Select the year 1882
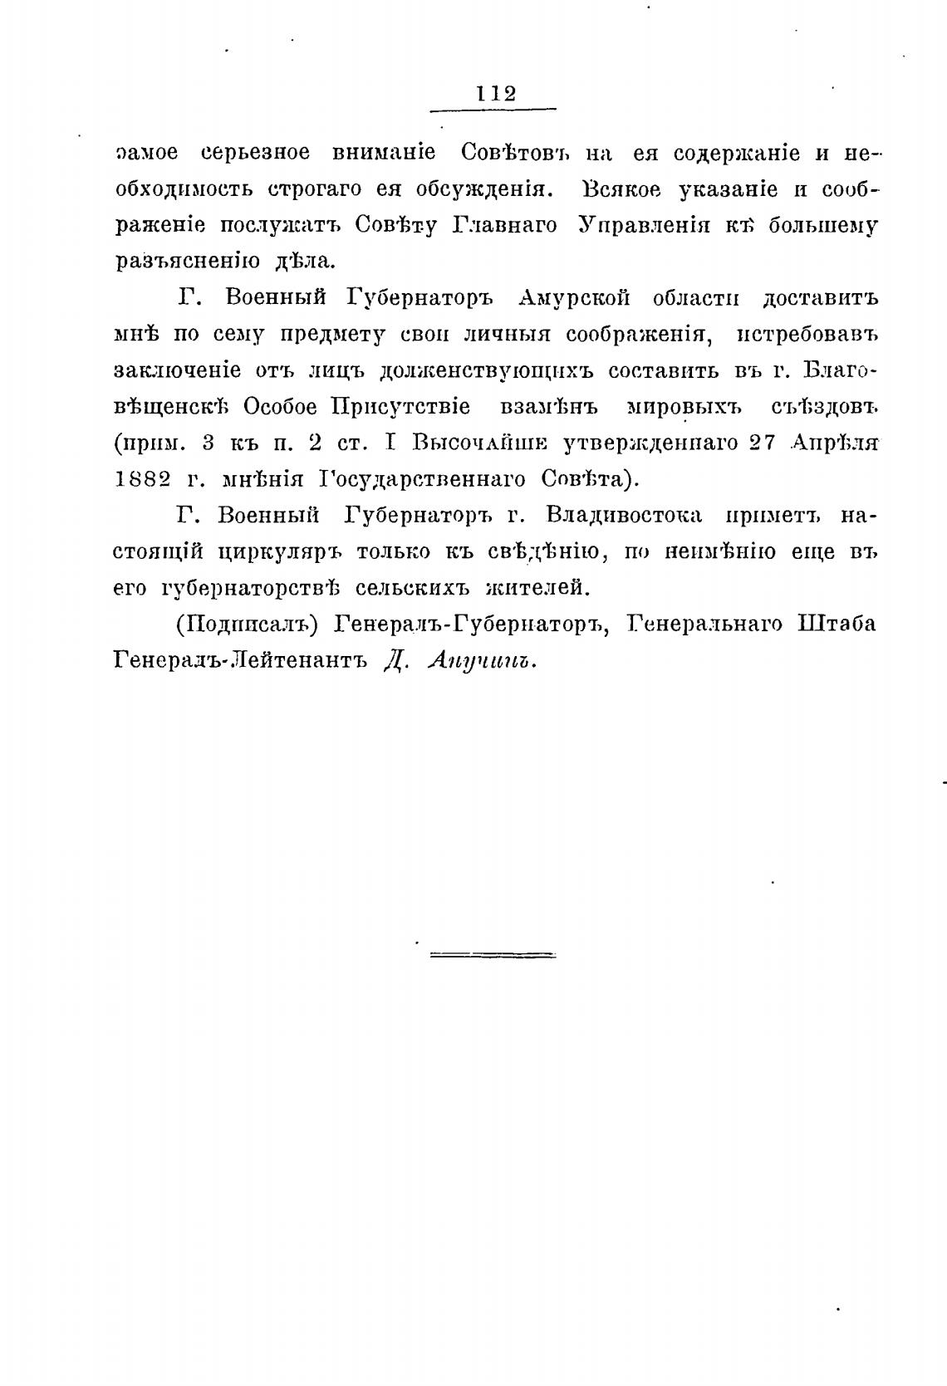coord(143,478)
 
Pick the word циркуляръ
coord(280,552)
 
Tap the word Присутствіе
coord(400,406)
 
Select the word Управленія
coord(643,225)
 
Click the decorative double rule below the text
coord(493,955)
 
